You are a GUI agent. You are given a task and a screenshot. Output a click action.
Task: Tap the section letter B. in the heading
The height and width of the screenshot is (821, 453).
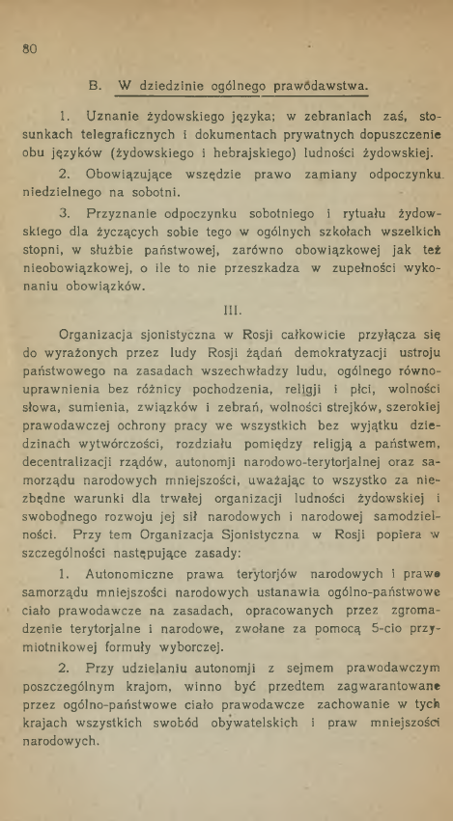click(95, 85)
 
